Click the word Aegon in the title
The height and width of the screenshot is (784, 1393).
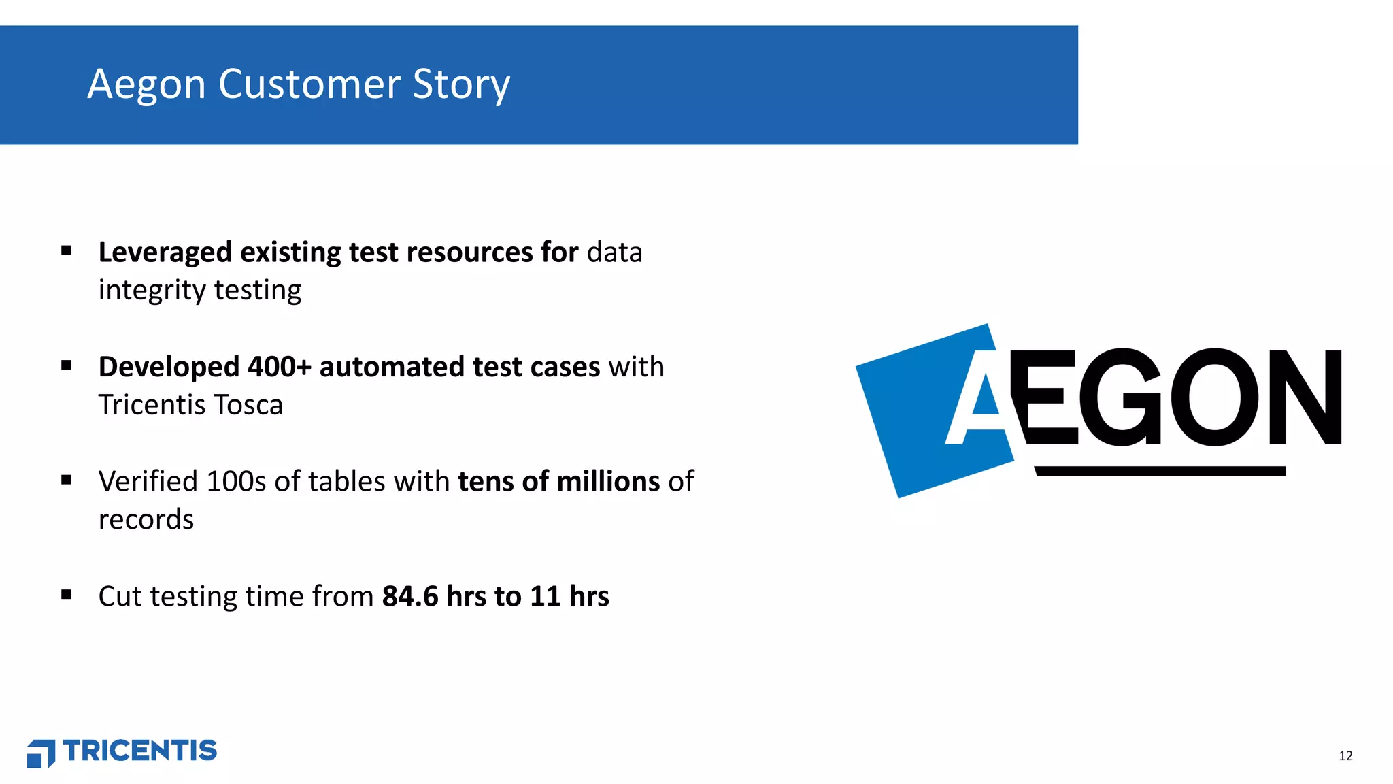click(x=146, y=85)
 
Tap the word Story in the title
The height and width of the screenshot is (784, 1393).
click(x=461, y=85)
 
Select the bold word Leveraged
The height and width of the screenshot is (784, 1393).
click(x=165, y=252)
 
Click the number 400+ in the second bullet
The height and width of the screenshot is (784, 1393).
click(x=279, y=367)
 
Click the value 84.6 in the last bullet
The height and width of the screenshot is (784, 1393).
click(x=410, y=596)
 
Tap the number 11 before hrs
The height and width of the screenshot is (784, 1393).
click(x=545, y=596)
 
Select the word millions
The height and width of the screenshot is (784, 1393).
click(x=608, y=481)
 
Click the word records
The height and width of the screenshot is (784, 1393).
click(x=146, y=520)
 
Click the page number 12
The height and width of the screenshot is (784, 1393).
click(x=1345, y=756)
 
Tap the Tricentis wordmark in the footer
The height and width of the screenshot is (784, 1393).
click(x=140, y=751)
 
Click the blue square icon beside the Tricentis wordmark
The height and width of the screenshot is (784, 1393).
click(x=41, y=753)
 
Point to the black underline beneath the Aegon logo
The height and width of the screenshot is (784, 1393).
click(x=1160, y=471)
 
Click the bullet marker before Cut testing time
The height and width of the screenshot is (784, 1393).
click(x=66, y=595)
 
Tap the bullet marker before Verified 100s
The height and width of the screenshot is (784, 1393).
click(x=66, y=480)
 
